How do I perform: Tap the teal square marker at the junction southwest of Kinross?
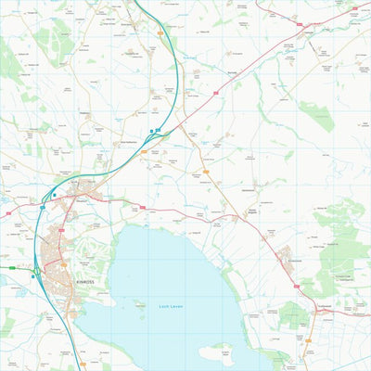point(35,272)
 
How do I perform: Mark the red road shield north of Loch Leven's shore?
point(142,206)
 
